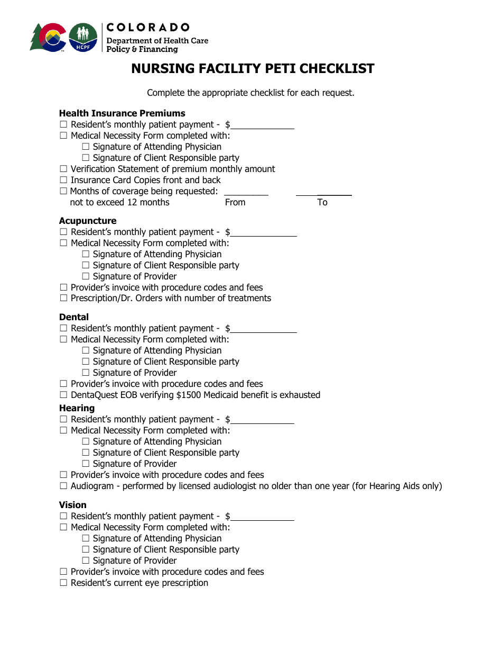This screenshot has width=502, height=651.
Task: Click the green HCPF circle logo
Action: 83,38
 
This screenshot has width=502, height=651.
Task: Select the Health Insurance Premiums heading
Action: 122,113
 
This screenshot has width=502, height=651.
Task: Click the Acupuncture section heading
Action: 88,221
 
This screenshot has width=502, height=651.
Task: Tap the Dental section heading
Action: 74,317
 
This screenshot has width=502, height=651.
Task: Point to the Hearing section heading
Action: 77,408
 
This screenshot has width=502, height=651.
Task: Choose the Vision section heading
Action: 73,505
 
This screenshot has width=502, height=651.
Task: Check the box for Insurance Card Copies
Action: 63,180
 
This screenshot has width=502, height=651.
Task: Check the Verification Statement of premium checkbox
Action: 63,169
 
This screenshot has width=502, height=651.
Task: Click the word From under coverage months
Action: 235,202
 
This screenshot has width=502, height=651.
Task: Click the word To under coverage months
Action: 322,202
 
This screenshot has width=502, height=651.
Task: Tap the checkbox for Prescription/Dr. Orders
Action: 63,298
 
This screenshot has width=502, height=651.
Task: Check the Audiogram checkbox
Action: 63,486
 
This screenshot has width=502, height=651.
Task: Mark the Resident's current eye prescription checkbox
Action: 63,583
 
